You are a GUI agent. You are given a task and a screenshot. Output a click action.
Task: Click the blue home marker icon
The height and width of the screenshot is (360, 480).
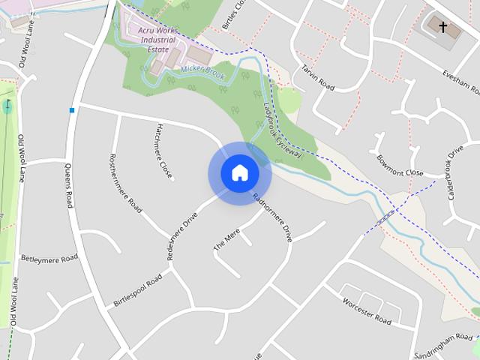239,173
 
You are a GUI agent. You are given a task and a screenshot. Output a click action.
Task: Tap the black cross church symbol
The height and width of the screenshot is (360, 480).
442,28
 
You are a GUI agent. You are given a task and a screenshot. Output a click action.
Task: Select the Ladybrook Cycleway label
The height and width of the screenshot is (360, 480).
281,129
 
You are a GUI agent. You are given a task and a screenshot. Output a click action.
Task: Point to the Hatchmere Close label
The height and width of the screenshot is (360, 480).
164,151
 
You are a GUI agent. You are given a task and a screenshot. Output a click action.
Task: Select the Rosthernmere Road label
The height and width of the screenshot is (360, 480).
125,184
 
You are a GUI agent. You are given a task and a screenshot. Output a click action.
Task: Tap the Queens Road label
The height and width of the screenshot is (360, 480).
70,188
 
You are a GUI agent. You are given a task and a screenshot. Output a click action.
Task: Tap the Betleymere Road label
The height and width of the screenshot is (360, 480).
49,258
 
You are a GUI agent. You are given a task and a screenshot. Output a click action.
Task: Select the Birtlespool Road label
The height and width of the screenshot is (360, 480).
137,291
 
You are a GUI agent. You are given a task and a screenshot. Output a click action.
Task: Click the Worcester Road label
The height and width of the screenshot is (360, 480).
367,311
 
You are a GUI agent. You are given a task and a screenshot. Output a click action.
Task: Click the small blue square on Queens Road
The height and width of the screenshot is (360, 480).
72,110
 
